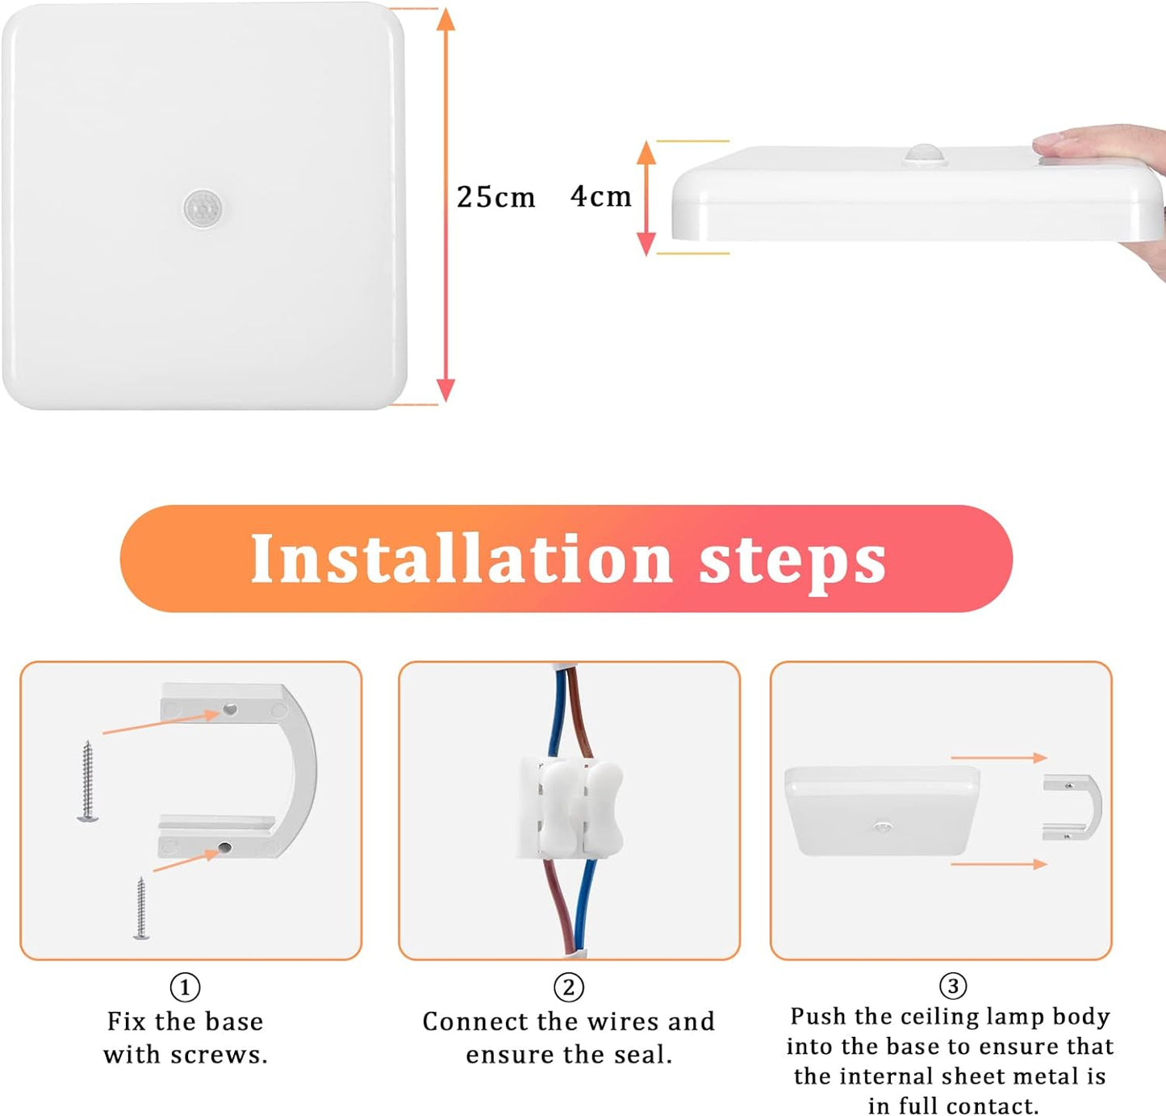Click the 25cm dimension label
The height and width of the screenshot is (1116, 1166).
495,197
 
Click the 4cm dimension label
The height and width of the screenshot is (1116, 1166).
601,197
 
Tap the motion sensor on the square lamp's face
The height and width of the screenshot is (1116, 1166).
203,208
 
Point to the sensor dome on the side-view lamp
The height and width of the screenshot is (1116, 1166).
925,155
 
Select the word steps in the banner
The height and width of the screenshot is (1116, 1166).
792,563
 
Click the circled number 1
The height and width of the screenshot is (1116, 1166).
185,987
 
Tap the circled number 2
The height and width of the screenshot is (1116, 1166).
569,987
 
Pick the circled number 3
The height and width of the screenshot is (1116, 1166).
953,986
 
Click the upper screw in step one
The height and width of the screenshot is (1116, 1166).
88,780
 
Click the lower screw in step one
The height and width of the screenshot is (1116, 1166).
140,908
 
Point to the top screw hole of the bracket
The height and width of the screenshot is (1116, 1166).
229,709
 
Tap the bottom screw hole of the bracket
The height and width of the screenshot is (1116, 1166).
224,847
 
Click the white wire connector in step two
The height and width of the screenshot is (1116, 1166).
570,807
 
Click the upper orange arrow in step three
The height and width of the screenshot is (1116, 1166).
999,758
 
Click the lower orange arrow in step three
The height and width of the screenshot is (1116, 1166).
999,863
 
